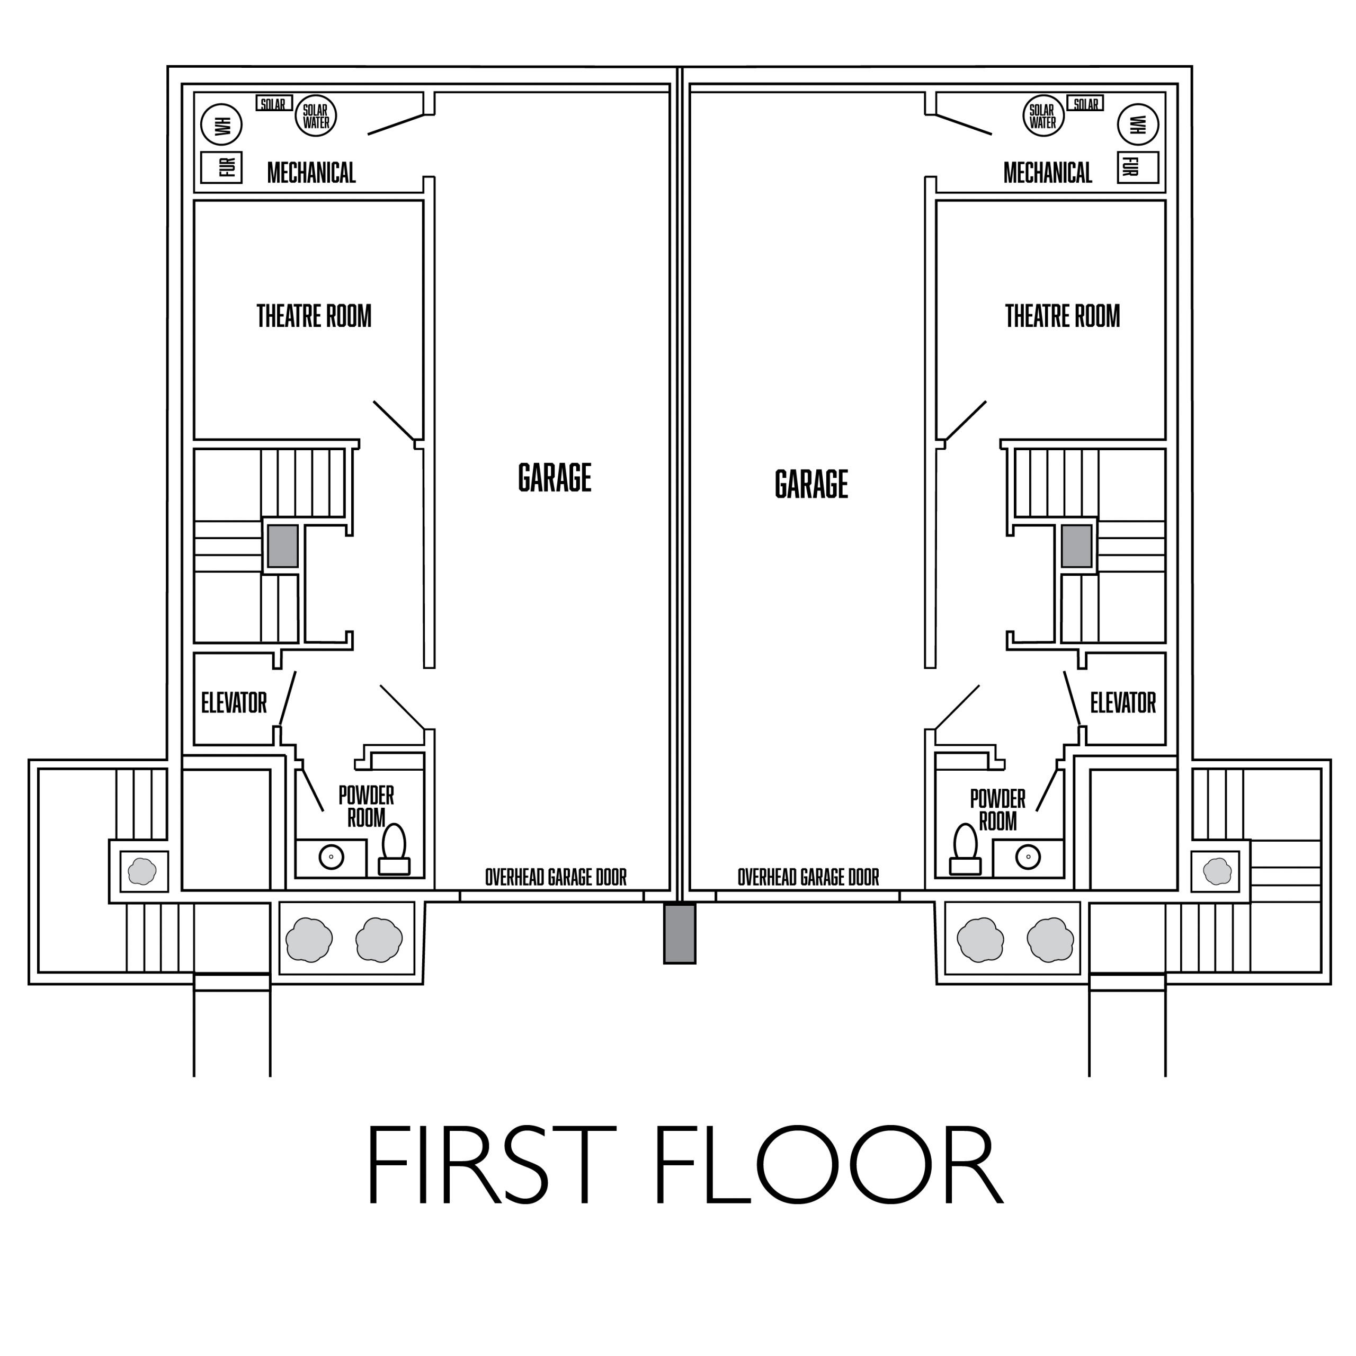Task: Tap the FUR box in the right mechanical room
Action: tap(1137, 167)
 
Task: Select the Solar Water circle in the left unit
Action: tap(316, 116)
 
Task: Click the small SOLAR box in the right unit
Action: tap(1085, 104)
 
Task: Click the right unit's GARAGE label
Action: tap(811, 484)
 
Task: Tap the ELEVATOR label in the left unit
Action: tap(234, 702)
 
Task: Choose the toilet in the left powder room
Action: tap(394, 848)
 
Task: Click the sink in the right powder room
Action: tap(1028, 857)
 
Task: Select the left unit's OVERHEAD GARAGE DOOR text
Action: tap(556, 877)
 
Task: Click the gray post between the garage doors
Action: tap(680, 933)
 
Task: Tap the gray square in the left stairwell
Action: tap(282, 546)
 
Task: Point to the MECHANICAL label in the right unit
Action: tap(1047, 173)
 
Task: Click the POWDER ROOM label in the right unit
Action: tap(997, 810)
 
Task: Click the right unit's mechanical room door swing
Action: tap(963, 123)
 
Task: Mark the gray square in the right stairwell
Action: tap(1076, 546)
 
